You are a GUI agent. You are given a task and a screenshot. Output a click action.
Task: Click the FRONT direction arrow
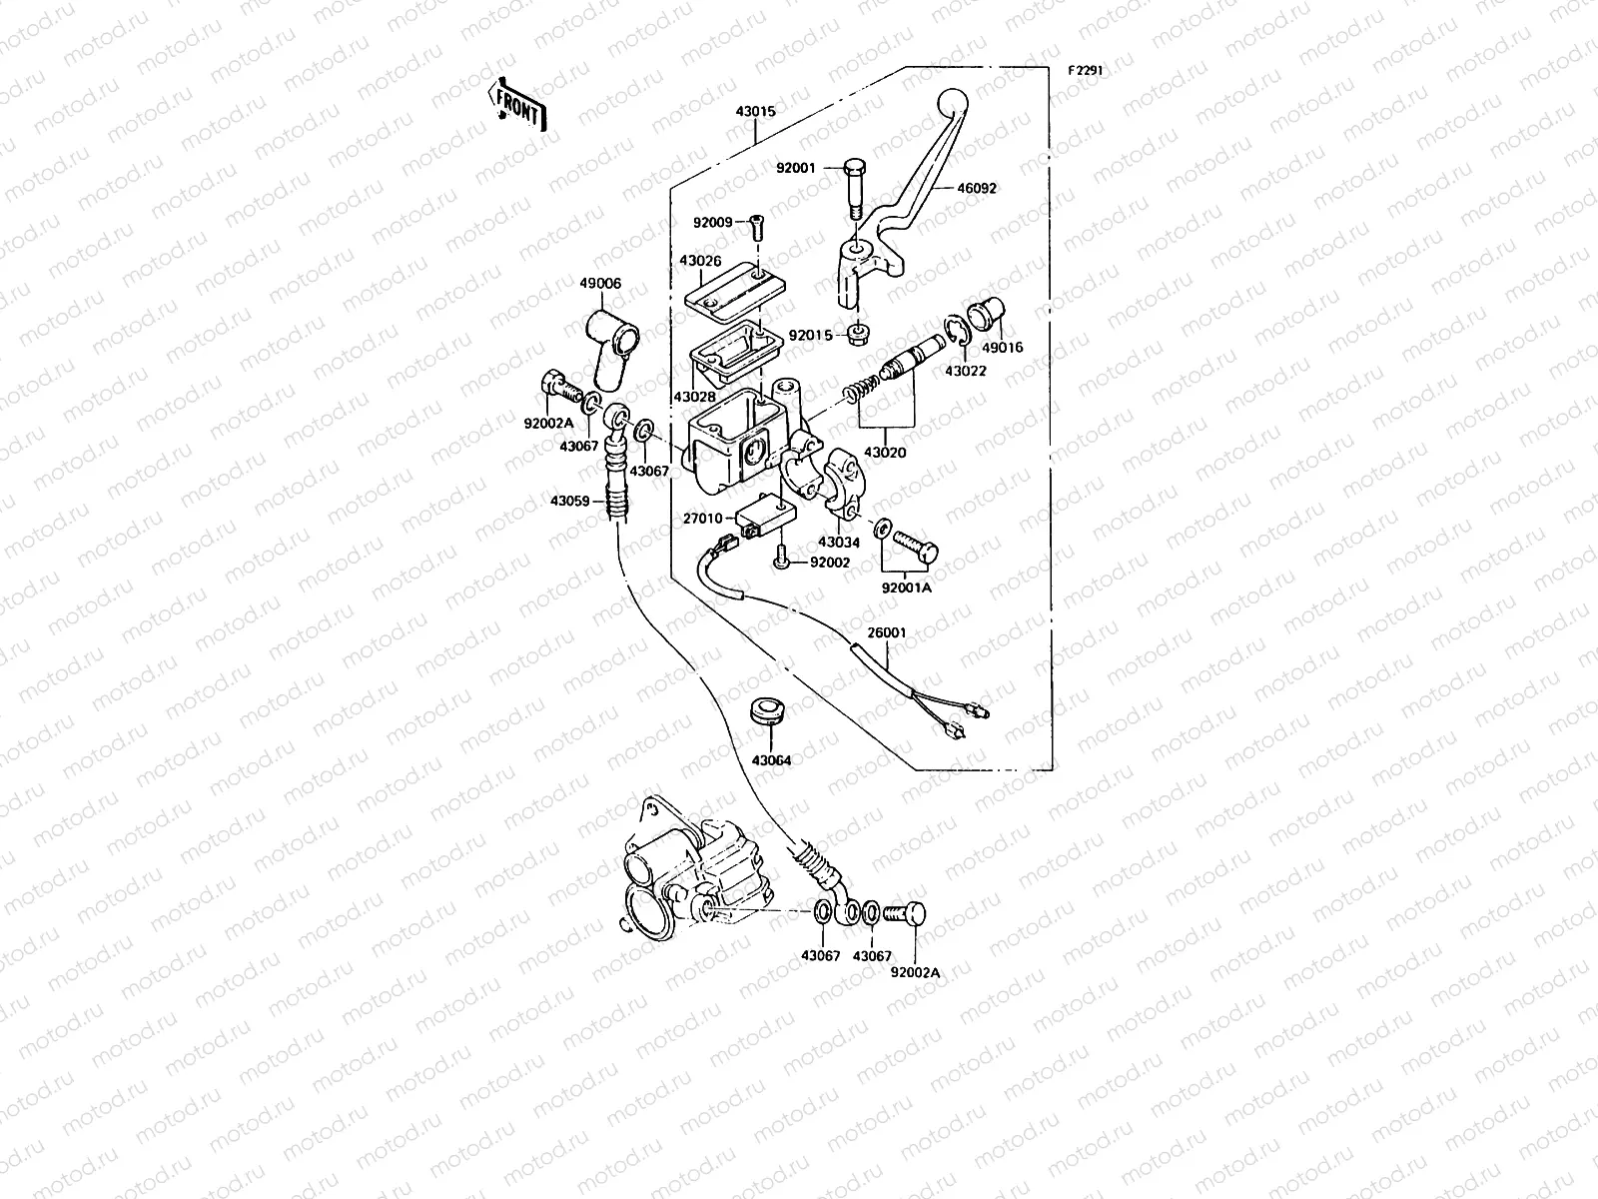click(x=517, y=105)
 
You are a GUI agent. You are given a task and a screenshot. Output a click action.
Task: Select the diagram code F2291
click(x=1085, y=71)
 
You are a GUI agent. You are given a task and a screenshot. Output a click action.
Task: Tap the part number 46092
click(x=977, y=188)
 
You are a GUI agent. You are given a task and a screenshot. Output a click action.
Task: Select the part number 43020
click(x=886, y=453)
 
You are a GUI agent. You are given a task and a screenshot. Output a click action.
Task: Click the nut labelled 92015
click(x=856, y=335)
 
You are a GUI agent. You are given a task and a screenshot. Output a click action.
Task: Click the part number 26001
click(x=886, y=631)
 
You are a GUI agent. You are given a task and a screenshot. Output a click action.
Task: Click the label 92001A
click(x=906, y=588)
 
